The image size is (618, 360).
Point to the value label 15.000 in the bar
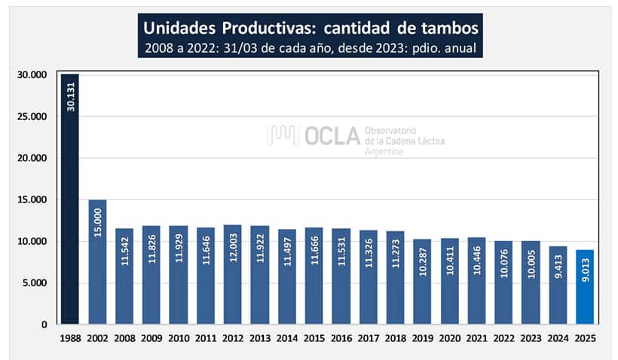point(98,223)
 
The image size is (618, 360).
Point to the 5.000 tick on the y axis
point(34,283)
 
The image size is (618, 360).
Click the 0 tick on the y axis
point(44,325)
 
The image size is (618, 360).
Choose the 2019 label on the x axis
point(423,339)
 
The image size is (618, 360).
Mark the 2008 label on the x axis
point(124,339)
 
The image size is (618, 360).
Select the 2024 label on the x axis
point(558,339)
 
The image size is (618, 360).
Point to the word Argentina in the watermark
point(384,152)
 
